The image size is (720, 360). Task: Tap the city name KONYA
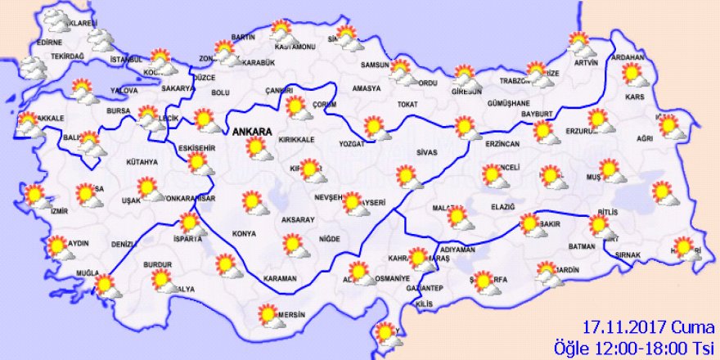point(244,234)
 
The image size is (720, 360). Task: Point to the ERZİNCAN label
point(502,144)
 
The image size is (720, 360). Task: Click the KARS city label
point(635,97)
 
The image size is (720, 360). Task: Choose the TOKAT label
point(407,105)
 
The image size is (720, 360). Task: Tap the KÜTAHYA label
point(142,162)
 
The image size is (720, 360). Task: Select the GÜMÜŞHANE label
point(510,105)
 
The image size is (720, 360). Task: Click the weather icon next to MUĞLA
point(104,286)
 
